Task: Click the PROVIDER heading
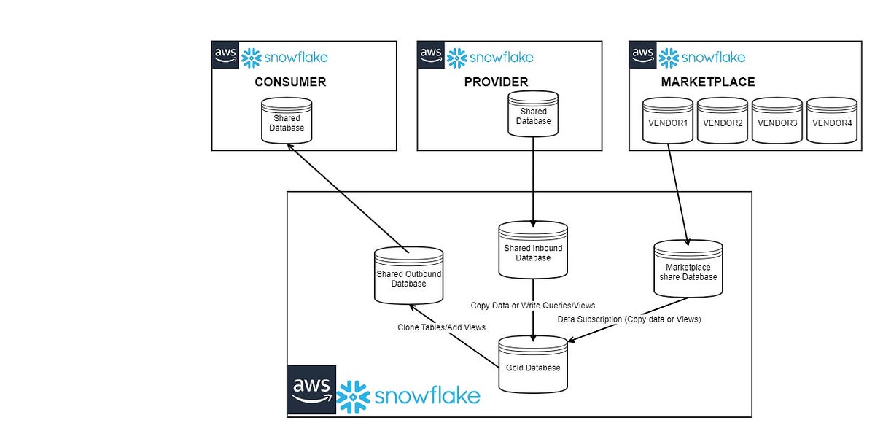click(x=496, y=82)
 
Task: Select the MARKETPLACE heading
click(x=707, y=82)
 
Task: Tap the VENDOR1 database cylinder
click(x=667, y=121)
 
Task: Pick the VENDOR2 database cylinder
click(x=723, y=121)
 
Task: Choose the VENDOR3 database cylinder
click(x=777, y=121)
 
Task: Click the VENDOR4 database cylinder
click(x=832, y=121)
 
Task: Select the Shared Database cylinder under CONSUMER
click(x=287, y=122)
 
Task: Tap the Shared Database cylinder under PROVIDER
click(x=533, y=115)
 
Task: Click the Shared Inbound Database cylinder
click(x=533, y=251)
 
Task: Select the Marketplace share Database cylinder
click(x=688, y=271)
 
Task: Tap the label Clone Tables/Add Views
click(x=441, y=327)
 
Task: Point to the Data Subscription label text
click(x=629, y=319)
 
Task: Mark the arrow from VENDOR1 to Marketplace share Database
click(x=677, y=193)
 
